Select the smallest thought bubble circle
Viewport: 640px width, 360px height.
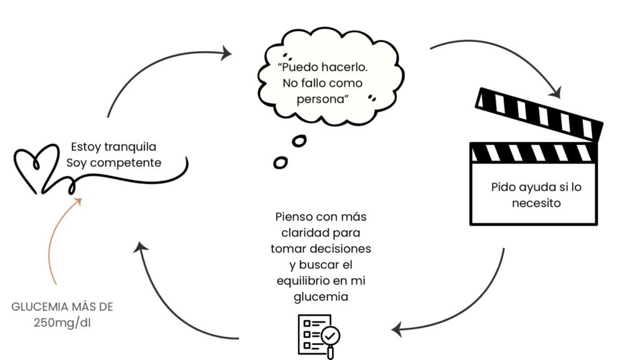pyautogui.click(x=281, y=162)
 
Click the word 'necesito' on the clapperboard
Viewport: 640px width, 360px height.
pyautogui.click(x=536, y=202)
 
